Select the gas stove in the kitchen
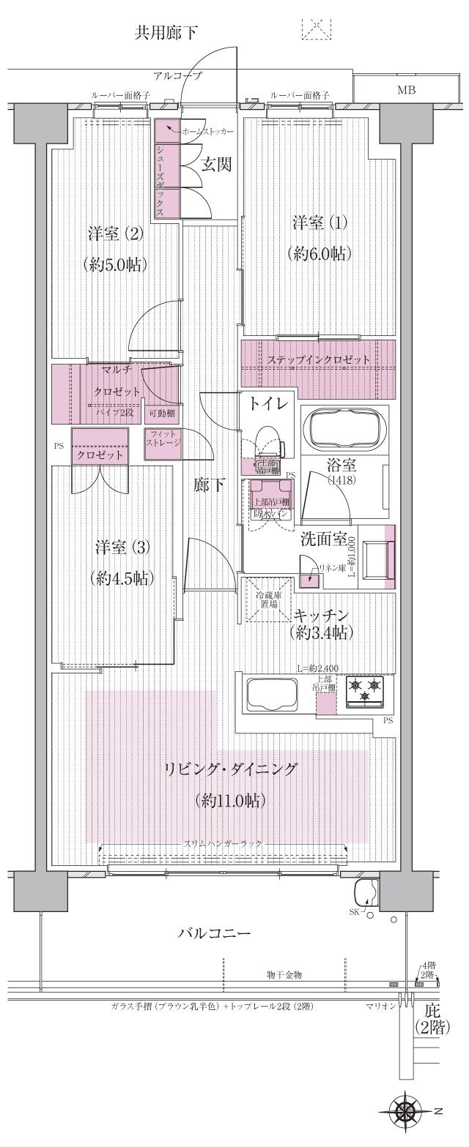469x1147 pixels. pos(365,690)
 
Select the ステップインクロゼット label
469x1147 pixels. pos(318,359)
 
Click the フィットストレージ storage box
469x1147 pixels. pos(163,444)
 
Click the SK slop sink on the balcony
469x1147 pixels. pos(365,894)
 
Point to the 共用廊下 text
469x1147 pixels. pos(166,32)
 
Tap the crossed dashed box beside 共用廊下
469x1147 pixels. pos(316,28)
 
